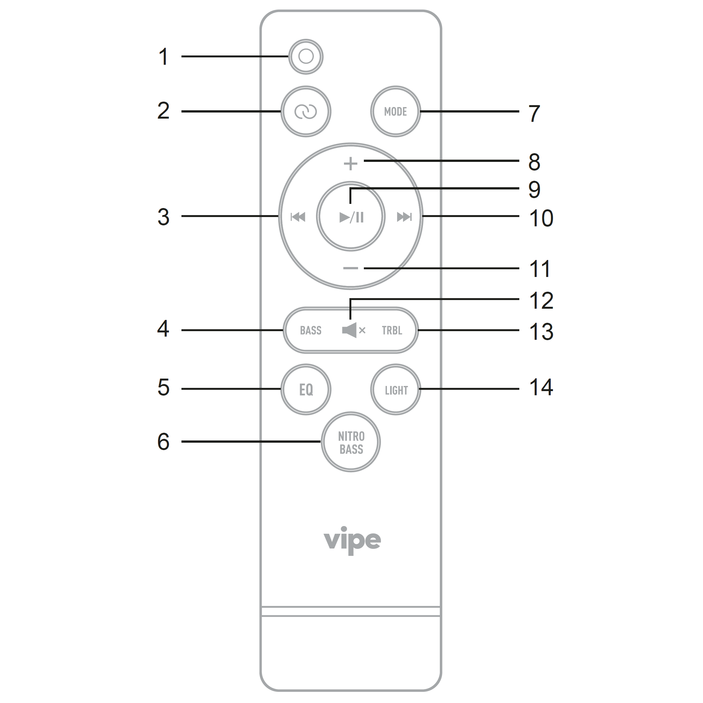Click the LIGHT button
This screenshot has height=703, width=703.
tap(396, 389)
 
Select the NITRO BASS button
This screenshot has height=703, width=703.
tap(351, 442)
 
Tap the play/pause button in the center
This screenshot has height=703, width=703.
tap(351, 216)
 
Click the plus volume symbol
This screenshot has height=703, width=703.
tap(351, 164)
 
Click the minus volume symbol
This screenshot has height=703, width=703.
tap(351, 268)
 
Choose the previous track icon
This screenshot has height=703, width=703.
tap(298, 217)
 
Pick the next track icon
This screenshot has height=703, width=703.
tap(404, 217)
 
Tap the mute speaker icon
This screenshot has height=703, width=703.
tap(354, 330)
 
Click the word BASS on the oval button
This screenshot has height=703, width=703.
tap(311, 331)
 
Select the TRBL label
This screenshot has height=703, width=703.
tap(392, 331)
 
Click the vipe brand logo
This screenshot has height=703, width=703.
tap(352, 540)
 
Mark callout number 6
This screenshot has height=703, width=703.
tap(163, 441)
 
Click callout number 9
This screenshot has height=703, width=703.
tap(534, 189)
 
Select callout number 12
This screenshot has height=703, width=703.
tap(541, 301)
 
